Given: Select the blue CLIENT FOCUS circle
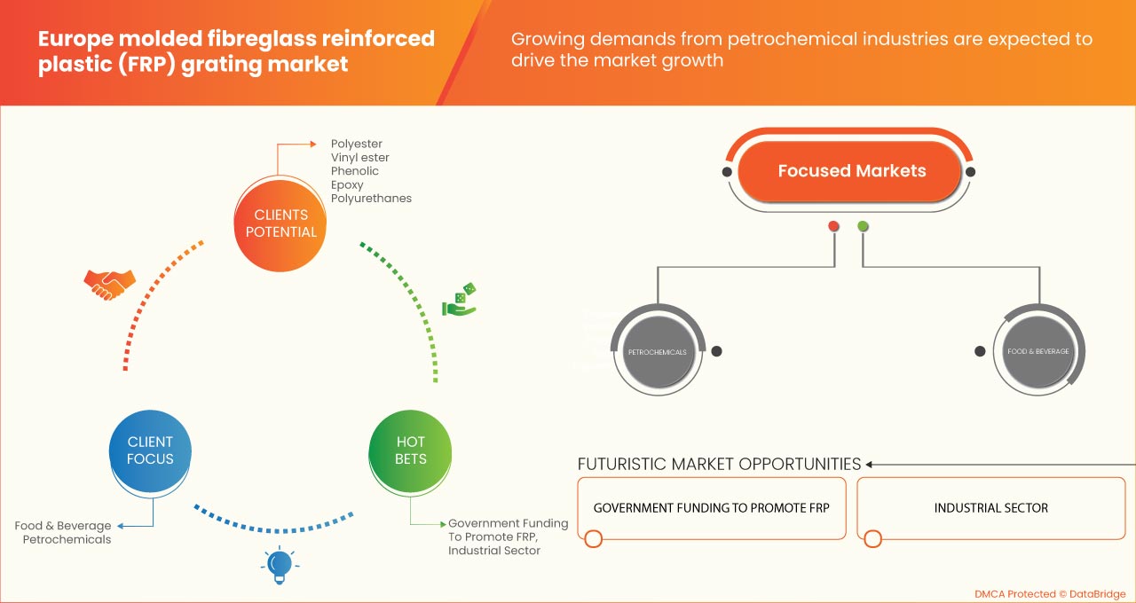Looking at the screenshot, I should coord(150,450).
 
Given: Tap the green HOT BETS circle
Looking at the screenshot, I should coord(411,450).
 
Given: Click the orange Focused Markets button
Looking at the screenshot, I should coord(851,171).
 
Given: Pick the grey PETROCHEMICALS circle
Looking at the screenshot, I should coord(657,352).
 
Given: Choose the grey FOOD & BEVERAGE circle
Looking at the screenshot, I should coord(1037,351).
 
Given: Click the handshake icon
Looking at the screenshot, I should coord(109,283).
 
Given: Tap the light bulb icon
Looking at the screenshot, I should coord(280,564).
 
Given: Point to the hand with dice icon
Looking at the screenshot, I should coord(460,300).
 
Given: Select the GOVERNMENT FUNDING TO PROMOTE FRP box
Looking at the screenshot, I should coord(712,508).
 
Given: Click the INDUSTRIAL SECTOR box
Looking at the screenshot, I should coord(990,508).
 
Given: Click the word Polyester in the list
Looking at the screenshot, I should coord(357,144).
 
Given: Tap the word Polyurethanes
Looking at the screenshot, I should coord(371,199).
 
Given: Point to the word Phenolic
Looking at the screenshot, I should coord(355,171).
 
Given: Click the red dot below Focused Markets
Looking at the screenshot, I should coord(833,226).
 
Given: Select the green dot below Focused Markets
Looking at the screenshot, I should coord(863,226).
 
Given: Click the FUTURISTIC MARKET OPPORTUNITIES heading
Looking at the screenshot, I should coord(719,464).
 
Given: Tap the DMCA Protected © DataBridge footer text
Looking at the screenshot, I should coord(1050,593).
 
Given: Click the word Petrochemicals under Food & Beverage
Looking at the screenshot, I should coord(67,539).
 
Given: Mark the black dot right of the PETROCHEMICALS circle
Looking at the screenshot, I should coord(716,351).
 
